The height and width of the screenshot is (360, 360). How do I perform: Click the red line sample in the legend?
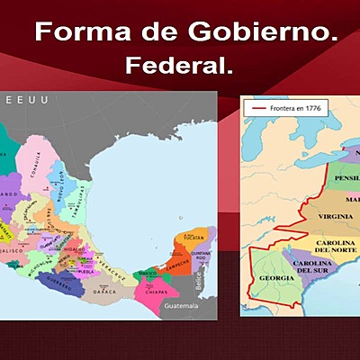pos(259,108)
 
